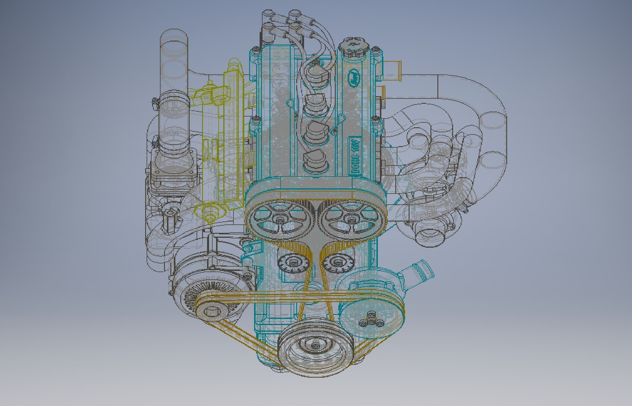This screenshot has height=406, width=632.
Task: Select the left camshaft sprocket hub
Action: (280, 219)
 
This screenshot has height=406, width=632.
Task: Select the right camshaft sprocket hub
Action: (350, 219)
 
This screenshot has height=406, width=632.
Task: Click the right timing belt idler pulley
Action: (336, 263)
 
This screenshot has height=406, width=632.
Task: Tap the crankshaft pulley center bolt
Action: (315, 344)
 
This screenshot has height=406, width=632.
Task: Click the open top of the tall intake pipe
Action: (173, 38)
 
